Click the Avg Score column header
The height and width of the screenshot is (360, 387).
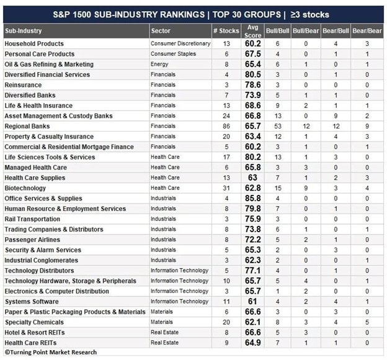point(252,31)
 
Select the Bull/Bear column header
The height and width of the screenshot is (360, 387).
point(306,31)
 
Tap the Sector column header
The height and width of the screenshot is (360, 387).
point(161,31)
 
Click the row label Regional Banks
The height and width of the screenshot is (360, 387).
point(27,126)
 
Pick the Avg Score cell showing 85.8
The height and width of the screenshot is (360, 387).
point(253,199)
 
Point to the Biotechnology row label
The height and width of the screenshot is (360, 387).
point(25,188)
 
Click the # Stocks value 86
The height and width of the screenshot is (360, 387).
point(226,126)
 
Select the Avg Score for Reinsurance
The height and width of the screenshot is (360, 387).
point(253,85)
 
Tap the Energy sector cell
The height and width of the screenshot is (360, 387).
point(159,65)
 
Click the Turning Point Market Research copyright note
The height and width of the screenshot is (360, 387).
point(51,353)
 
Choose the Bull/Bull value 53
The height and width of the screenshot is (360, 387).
point(278,126)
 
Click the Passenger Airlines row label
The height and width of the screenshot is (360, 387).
point(32,240)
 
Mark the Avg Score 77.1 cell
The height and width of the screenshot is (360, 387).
point(253,271)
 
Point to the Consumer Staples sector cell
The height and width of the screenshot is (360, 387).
point(173,54)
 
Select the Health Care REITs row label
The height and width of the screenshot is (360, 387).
point(30,343)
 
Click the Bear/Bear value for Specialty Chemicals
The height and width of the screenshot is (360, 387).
point(367,322)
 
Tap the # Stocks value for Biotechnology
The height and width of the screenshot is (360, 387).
point(226,188)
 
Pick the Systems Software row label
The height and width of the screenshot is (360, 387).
point(32,302)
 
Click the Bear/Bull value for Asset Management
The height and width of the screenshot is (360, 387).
point(336,116)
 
